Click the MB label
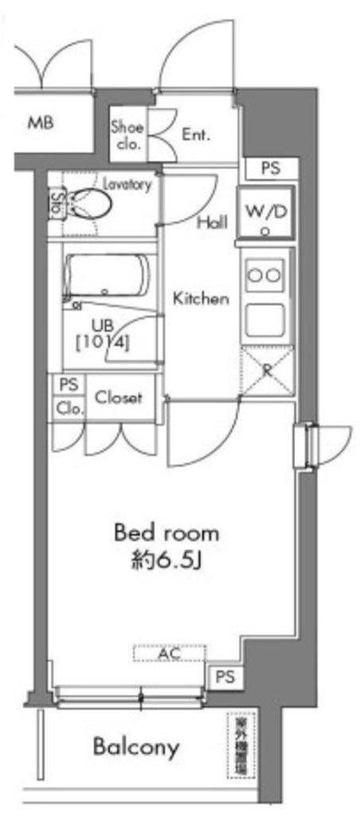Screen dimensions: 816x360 pos(41,124)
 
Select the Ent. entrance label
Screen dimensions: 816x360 pos(196,135)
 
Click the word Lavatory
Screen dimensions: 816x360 pos(127,184)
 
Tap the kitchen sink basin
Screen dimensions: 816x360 pos(266,319)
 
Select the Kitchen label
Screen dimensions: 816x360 pos(202,299)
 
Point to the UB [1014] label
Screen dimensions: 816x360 pos(104,334)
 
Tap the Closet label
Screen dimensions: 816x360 pos(119,397)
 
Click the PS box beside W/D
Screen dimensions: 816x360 pos(270,170)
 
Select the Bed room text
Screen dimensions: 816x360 pos(166,532)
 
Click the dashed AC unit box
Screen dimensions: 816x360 pos(168,653)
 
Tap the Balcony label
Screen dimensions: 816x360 pos(136,747)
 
